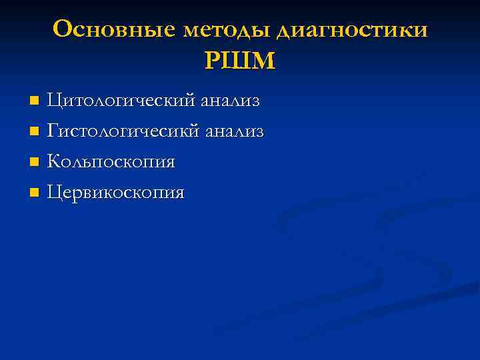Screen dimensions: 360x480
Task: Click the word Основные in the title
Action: click(x=114, y=30)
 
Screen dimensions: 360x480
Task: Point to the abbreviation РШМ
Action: click(x=239, y=61)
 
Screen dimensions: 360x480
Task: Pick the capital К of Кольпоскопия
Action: click(x=54, y=162)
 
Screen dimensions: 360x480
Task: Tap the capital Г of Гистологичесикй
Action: click(x=53, y=131)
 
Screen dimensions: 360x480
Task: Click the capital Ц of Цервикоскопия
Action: click(x=55, y=193)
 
